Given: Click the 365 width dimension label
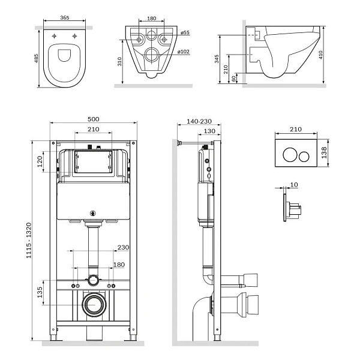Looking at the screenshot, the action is [x=65, y=17].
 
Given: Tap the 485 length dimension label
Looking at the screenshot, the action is [x=36, y=58].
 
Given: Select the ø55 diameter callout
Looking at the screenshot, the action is [x=185, y=32].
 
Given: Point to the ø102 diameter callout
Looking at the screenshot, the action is [x=184, y=52].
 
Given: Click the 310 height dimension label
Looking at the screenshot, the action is [x=119, y=62].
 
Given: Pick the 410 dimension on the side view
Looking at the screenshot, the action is [x=321, y=55].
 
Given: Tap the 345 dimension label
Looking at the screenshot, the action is [x=217, y=59].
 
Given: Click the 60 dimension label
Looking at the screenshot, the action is [x=234, y=79].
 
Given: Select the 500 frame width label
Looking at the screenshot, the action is [x=94, y=119].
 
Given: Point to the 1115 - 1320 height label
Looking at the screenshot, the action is [x=28, y=241].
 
